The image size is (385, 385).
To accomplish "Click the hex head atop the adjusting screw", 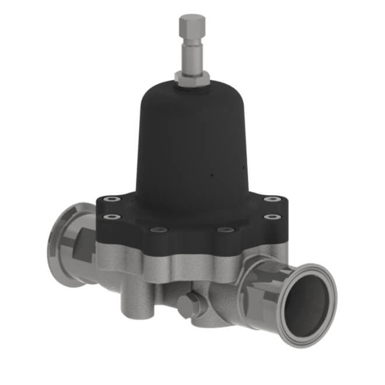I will click(x=192, y=26).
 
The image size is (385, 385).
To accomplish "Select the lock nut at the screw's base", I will click(x=192, y=78).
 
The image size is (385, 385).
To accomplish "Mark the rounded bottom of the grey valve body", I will click(x=216, y=315).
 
